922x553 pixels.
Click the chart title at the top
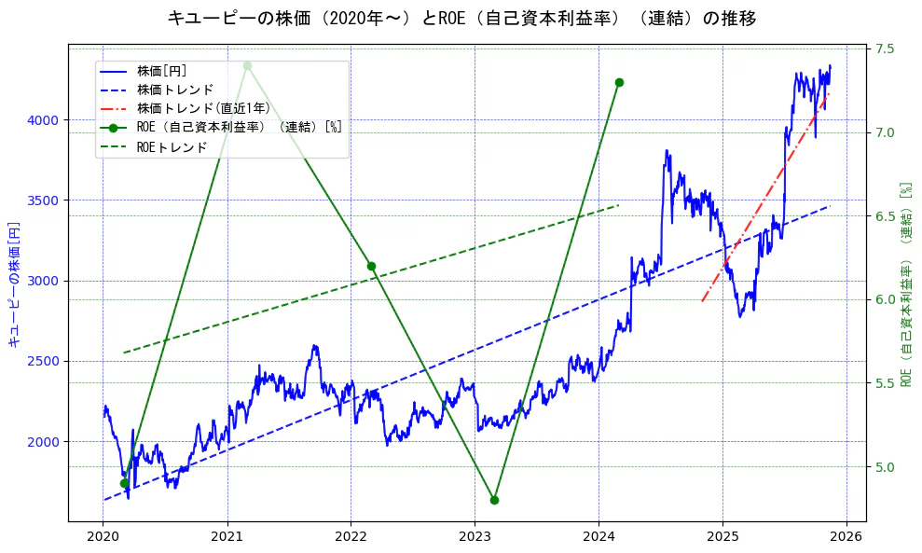[x=461, y=18]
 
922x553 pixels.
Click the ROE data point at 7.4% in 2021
[x=247, y=65]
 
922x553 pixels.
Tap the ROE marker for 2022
[x=371, y=266]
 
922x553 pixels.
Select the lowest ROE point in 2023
[x=494, y=500]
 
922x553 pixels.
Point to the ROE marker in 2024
[x=619, y=82]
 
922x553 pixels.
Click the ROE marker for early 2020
[x=124, y=483]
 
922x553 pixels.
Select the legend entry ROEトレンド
[x=172, y=146]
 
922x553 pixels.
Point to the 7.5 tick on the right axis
[x=886, y=48]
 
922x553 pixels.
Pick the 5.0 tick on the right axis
[x=886, y=466]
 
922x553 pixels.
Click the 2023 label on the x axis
[x=475, y=536]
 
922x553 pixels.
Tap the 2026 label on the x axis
[x=846, y=536]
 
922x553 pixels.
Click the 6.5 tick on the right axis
[x=886, y=215]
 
